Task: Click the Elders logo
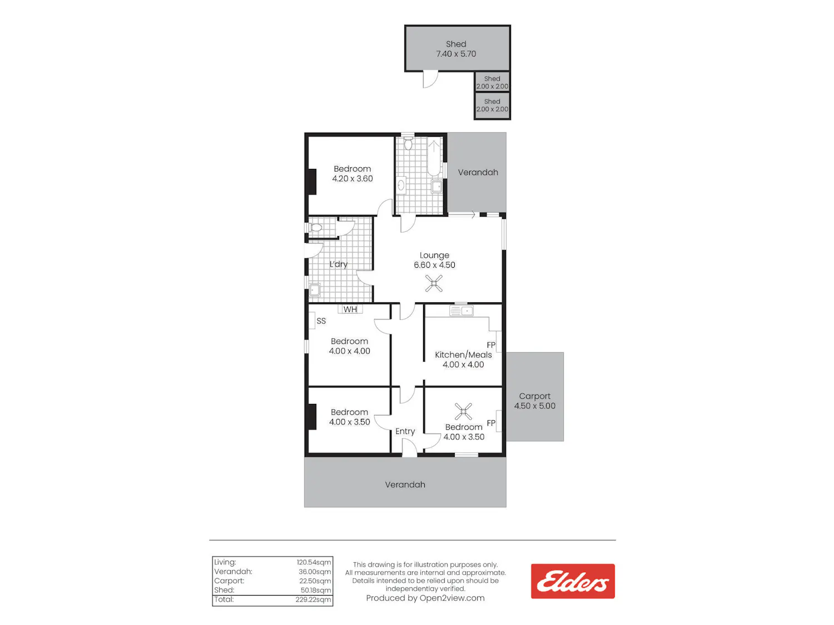(572, 581)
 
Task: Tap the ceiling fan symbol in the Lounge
(434, 283)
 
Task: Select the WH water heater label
(350, 309)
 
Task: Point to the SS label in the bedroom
(321, 321)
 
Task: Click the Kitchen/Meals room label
(463, 354)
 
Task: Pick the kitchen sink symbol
(461, 311)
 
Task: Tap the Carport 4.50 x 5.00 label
(535, 401)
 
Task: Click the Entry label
(405, 431)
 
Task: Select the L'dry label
(338, 264)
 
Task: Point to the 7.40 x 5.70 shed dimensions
(456, 54)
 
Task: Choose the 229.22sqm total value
(313, 599)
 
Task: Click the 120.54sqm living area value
(314, 562)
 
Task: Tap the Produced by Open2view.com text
(425, 598)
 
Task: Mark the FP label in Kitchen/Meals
(491, 345)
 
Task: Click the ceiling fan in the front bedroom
(463, 411)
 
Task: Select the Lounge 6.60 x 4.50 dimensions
(434, 265)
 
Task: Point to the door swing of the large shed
(430, 79)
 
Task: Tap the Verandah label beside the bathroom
(478, 172)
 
